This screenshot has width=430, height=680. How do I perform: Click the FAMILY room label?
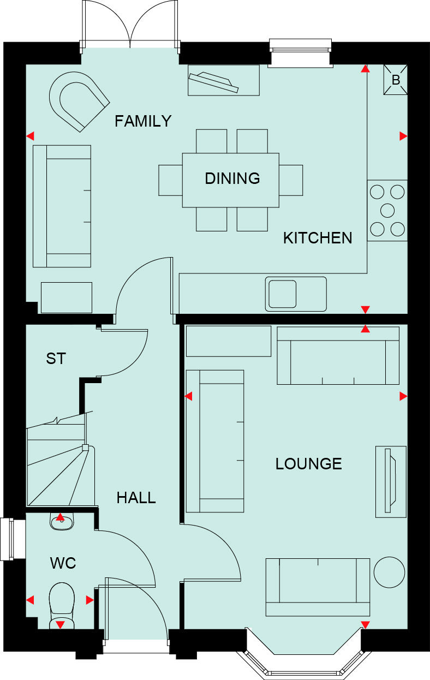(143, 121)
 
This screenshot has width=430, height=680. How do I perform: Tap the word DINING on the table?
(232, 178)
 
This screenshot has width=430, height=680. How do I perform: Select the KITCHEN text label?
(318, 238)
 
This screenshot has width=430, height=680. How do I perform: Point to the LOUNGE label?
(308, 464)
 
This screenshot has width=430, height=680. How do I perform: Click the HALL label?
(136, 498)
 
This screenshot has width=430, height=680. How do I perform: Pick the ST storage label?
(56, 359)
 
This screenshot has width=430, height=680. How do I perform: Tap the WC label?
(63, 564)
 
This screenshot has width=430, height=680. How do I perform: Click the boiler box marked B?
(396, 80)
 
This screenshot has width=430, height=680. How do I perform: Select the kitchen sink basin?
(282, 294)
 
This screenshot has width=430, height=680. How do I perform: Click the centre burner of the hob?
(387, 210)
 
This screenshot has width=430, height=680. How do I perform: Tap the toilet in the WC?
(61, 603)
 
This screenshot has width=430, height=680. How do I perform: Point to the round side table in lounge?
(390, 572)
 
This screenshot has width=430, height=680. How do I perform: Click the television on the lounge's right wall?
(390, 481)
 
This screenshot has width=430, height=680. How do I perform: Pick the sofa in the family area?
(62, 206)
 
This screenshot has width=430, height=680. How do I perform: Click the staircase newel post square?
(85, 448)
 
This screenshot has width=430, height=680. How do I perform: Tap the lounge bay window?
(303, 663)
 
